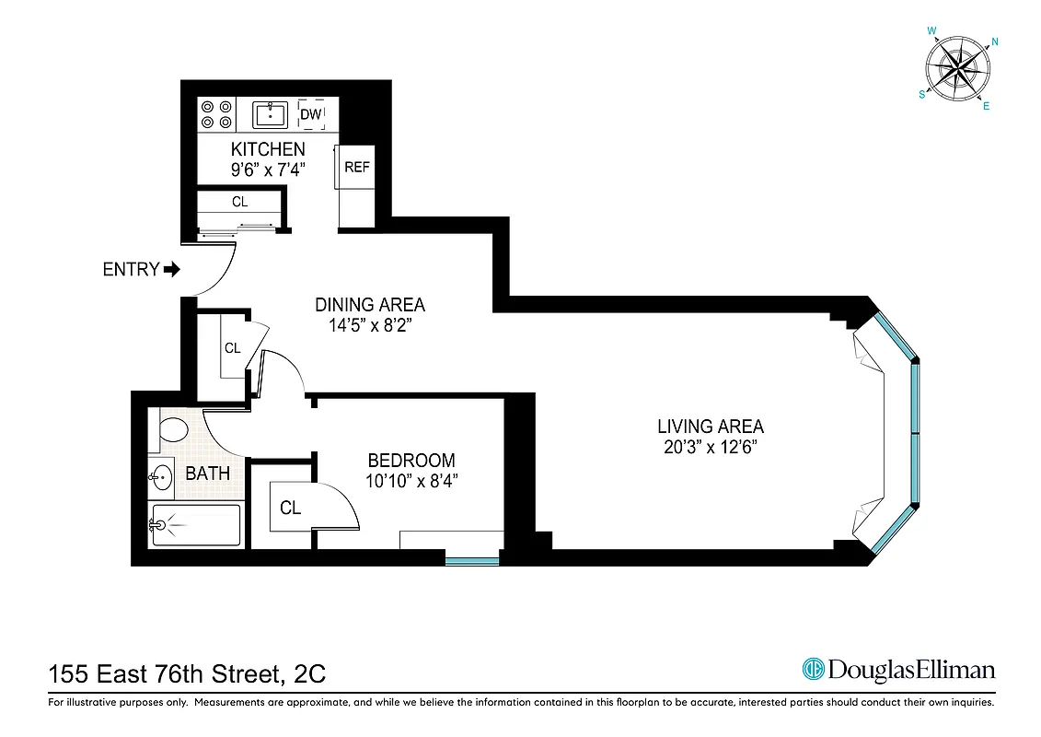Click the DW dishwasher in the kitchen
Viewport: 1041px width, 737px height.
(310, 115)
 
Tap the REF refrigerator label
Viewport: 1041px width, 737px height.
(356, 167)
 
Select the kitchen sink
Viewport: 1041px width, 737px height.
(272, 115)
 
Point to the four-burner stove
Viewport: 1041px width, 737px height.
(216, 114)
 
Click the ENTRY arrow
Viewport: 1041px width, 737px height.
(172, 270)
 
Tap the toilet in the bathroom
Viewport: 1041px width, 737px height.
(171, 429)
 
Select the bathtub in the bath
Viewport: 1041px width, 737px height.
(196, 525)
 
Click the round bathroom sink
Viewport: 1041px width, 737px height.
(162, 477)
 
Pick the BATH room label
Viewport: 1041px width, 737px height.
(208, 474)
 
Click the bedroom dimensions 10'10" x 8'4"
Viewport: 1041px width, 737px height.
(411, 480)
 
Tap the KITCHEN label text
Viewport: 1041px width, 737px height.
(268, 149)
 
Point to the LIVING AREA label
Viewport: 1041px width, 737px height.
(710, 427)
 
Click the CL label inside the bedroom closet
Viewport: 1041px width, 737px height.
(290, 508)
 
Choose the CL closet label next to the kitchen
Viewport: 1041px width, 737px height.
(239, 201)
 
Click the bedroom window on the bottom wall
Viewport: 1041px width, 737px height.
(471, 559)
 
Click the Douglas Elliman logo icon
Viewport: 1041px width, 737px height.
(813, 669)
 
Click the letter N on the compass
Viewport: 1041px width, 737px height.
(995, 41)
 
